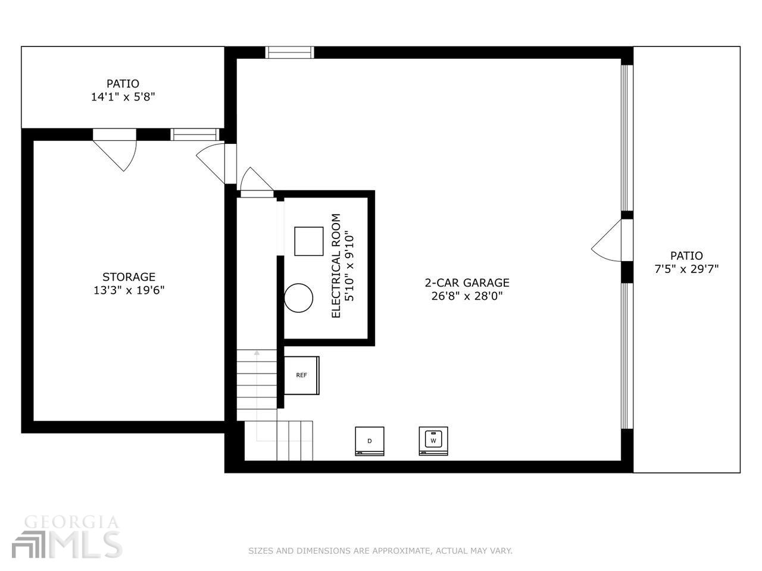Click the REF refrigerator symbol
tap(301, 375)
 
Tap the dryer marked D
tap(370, 441)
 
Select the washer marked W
tap(433, 441)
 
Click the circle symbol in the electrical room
tap(298, 297)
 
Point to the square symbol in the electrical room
tap(309, 241)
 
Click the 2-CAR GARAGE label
tap(467, 283)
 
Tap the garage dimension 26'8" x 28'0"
tap(467, 296)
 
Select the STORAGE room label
tap(129, 277)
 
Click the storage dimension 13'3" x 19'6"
tap(129, 290)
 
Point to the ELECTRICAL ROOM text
tap(336, 265)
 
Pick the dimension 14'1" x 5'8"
tap(123, 97)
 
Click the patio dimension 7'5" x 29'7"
tap(686, 269)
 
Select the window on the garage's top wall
tap(289, 52)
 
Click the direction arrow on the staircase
tap(257, 353)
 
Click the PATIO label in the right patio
tap(686, 256)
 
